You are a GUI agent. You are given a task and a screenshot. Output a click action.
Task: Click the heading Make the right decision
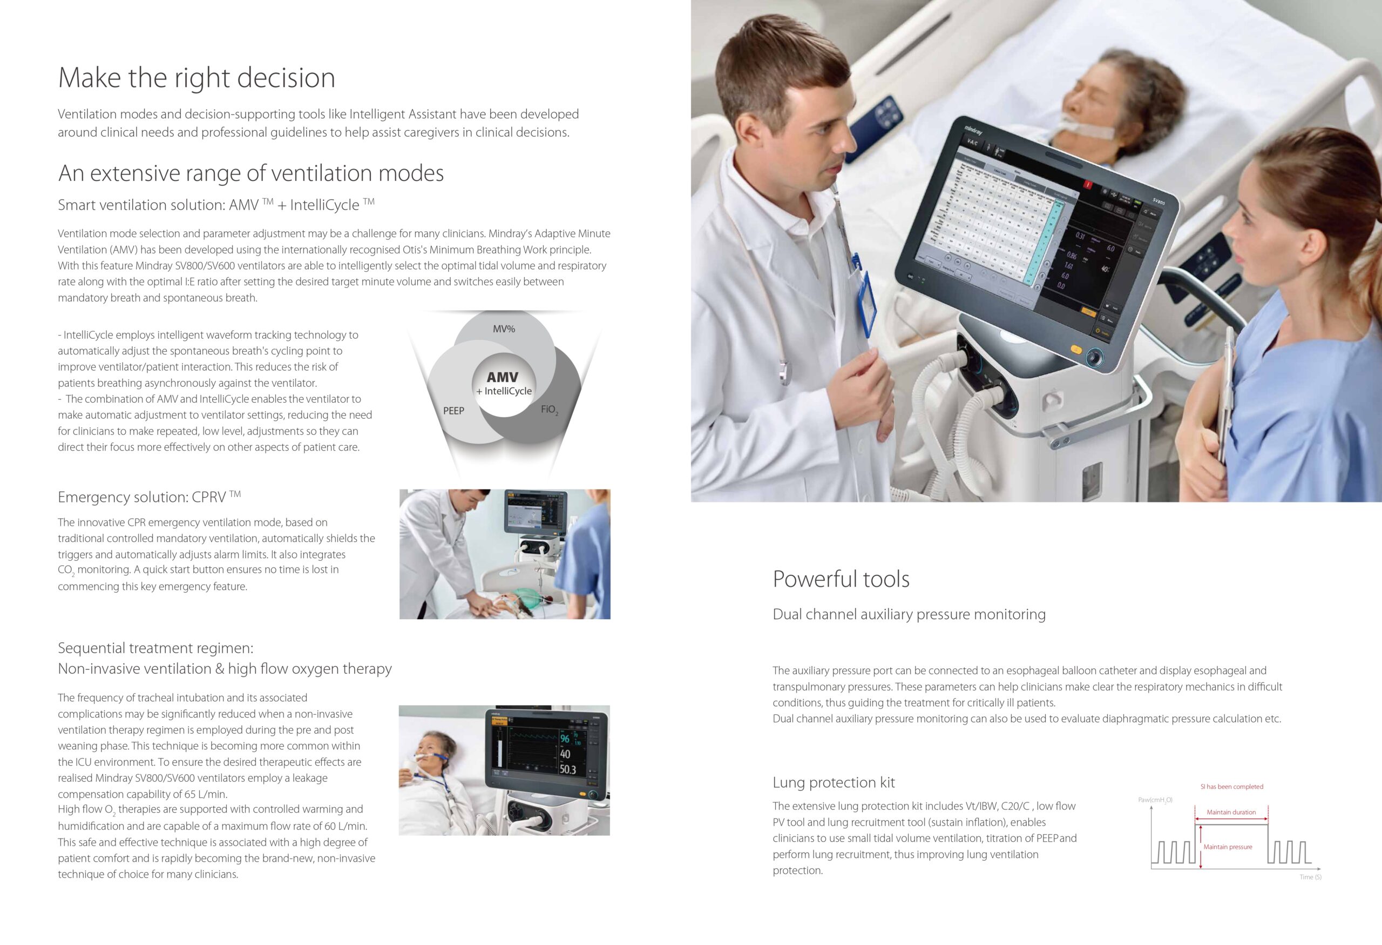point(197,78)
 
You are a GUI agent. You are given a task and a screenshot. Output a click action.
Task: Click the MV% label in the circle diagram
point(504,329)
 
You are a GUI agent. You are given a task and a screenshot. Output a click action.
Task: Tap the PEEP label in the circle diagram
point(453,411)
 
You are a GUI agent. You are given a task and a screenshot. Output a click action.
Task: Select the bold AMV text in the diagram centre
point(503,377)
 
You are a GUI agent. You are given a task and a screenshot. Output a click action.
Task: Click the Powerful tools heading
point(841,579)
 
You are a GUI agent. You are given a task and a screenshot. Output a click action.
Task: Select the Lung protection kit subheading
point(834,782)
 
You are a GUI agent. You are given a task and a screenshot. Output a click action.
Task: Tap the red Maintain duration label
point(1231,812)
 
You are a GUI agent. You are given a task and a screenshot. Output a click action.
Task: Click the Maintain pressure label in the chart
point(1228,847)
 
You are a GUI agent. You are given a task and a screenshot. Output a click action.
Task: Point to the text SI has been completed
point(1231,787)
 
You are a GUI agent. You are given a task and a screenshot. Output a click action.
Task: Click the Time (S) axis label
point(1311,877)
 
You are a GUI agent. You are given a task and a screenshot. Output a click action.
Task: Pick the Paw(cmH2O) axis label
point(1155,800)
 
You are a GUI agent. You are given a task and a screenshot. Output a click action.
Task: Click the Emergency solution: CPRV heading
point(149,497)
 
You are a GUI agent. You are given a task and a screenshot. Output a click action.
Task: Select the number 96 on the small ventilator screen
point(564,739)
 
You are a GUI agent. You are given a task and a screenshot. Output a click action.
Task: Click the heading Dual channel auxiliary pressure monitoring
point(909,615)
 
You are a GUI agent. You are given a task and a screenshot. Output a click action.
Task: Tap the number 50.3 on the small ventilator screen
point(567,769)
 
